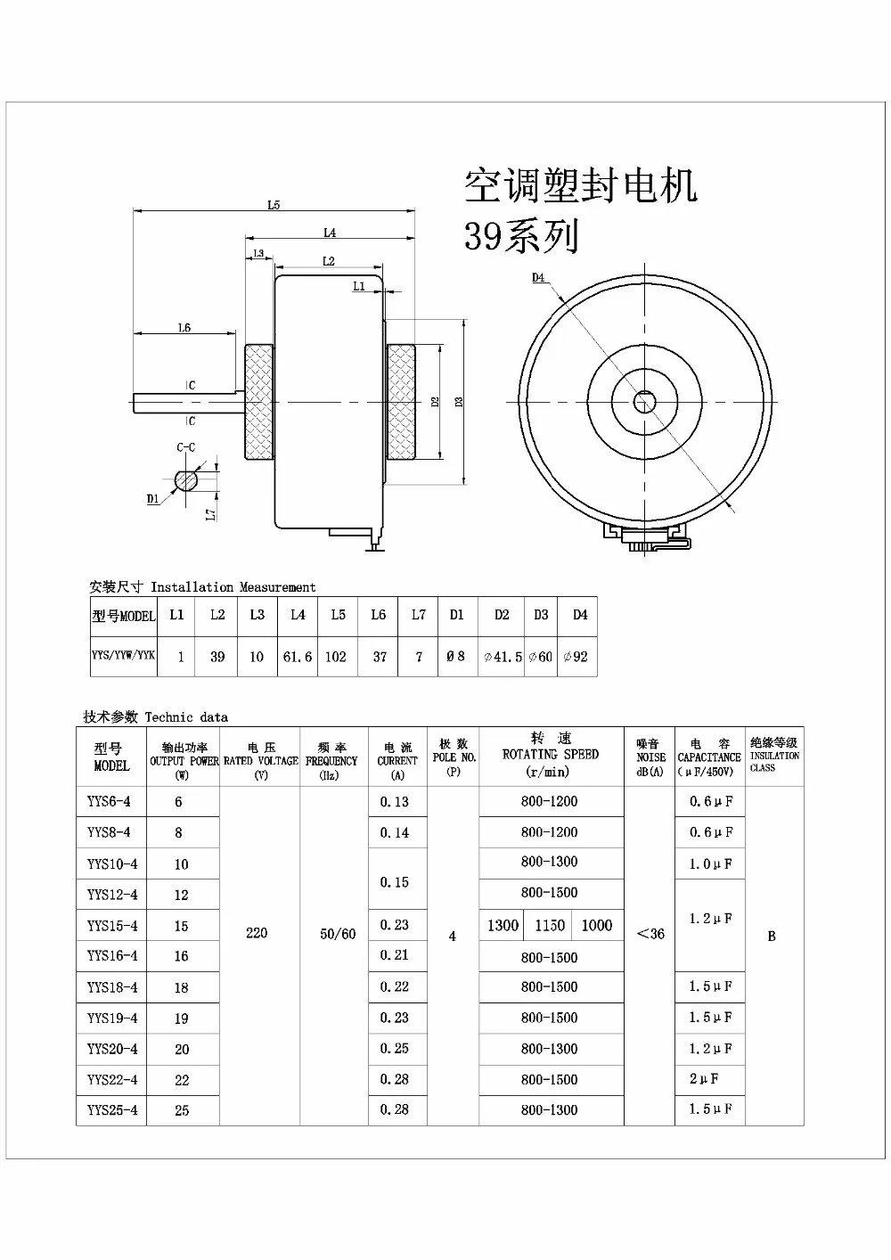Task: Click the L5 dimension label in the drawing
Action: pos(274,204)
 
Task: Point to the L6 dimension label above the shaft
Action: pos(184,328)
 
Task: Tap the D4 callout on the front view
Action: pos(538,278)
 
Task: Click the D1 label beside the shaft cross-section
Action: pos(153,499)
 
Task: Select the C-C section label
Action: pos(185,447)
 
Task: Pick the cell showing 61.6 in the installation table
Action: pos(298,657)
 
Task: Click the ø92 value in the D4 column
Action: pos(579,657)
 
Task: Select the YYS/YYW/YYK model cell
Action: pos(123,656)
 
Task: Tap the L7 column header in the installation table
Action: pos(419,615)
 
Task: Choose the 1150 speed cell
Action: pos(550,926)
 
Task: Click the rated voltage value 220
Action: pos(257,933)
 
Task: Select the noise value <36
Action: pos(650,934)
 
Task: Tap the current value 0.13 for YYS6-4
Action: pos(395,801)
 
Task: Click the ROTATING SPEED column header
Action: pos(551,754)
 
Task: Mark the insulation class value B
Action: pos(772,936)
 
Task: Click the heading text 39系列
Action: pos(521,236)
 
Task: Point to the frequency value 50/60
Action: pos(338,934)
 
